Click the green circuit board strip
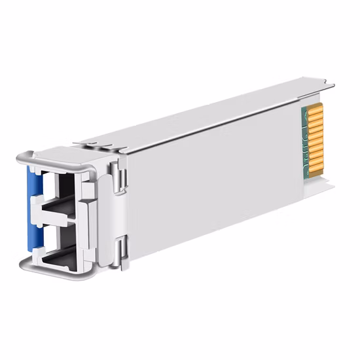click(304, 144)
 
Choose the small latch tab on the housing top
click(88, 141)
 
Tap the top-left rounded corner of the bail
click(23, 157)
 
